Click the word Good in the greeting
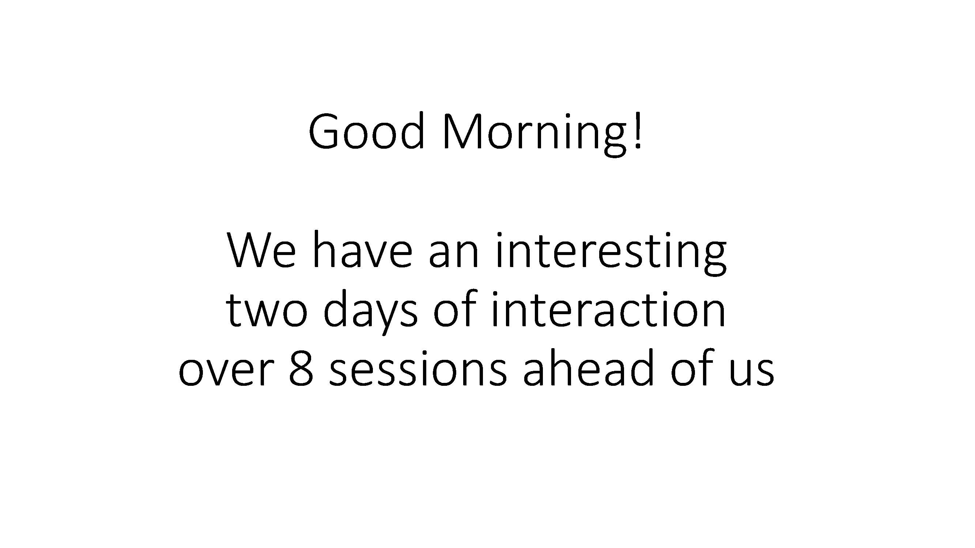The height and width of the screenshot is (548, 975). click(x=366, y=131)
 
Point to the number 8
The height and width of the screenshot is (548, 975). click(x=301, y=368)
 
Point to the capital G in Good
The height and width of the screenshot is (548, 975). click(x=323, y=131)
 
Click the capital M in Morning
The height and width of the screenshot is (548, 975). click(x=463, y=131)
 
